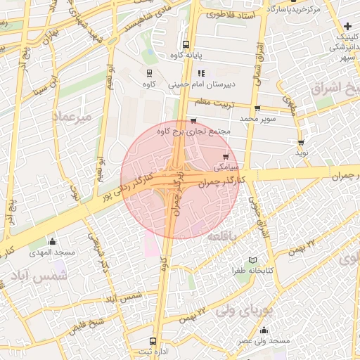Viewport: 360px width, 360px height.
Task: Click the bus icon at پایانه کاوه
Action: pyautogui.click(x=186, y=43)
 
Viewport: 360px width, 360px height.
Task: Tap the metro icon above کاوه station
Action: pyautogui.click(x=149, y=73)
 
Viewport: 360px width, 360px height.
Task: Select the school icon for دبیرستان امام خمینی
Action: pyautogui.click(x=201, y=72)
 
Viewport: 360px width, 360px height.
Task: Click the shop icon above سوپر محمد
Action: pyautogui.click(x=257, y=108)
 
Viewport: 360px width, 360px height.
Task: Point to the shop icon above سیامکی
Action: pyautogui.click(x=225, y=157)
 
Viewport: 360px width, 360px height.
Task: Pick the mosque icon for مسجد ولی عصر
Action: pyautogui.click(x=264, y=330)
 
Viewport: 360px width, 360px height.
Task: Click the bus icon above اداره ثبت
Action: pyautogui.click(x=153, y=341)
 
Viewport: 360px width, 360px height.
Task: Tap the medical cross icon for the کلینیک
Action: pyautogui.click(x=347, y=26)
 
